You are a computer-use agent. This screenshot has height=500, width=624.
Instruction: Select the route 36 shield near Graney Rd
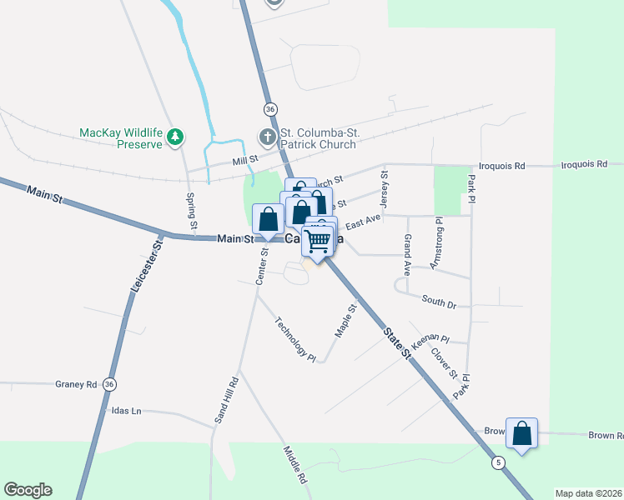pos(109,384)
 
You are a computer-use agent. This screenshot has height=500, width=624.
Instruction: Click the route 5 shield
pos(498,462)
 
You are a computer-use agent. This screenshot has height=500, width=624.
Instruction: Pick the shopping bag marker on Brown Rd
pos(521,434)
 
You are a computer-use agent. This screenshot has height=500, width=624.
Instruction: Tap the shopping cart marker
pos(318,241)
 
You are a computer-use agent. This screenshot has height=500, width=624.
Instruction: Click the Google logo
pos(28,490)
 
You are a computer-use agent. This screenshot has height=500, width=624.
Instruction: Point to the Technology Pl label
pos(296,339)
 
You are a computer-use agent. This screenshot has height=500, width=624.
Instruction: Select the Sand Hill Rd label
pos(226,401)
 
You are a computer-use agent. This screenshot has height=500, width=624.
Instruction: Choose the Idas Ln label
pos(126,411)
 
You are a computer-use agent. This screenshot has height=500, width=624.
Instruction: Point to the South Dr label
pos(439,302)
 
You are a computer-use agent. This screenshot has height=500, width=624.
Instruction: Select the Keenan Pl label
pos(430,338)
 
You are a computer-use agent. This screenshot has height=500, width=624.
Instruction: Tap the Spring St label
pos(192,212)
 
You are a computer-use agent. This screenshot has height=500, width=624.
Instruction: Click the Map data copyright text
pos(588,493)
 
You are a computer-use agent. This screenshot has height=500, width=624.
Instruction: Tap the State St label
pos(398,342)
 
